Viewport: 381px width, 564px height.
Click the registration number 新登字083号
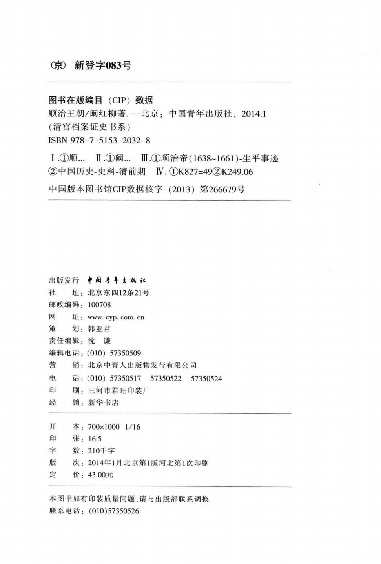103,65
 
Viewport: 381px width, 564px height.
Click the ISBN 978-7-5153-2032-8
99,140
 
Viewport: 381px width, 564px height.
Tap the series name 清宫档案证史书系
89,127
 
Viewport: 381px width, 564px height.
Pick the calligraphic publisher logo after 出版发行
117,280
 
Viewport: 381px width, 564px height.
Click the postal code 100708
99,305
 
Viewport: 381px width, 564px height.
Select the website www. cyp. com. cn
116,317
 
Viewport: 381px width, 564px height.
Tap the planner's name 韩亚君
99,329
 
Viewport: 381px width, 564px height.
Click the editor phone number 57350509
125,353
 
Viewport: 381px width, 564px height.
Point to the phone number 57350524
206,379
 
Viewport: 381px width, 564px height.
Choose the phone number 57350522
166,379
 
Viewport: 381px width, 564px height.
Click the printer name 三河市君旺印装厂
119,390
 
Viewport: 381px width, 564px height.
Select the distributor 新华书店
103,403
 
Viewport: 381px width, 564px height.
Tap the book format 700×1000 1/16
114,427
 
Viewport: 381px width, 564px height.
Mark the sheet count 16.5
95,439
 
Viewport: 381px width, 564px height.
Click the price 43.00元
100,475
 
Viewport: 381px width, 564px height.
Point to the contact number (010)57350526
114,511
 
